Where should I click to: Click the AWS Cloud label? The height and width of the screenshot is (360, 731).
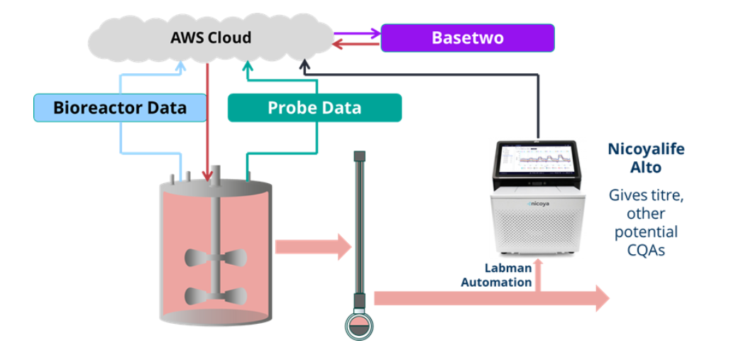coord(211,37)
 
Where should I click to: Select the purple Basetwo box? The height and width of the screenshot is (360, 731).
coord(467,38)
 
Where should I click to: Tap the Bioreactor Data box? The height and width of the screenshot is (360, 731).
coord(120,107)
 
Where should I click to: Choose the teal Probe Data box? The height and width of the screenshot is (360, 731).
coord(314,108)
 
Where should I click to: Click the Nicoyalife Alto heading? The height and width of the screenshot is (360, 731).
coord(646,158)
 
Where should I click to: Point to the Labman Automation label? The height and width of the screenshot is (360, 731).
coord(496,275)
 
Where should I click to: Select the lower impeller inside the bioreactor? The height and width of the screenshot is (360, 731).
coord(213,295)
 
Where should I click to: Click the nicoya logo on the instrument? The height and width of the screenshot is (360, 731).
coord(540,203)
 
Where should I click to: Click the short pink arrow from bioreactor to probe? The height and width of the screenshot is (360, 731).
coord(313,247)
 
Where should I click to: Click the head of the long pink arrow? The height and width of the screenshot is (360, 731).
coord(600,298)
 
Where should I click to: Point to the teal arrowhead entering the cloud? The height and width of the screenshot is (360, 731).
coord(248,66)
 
